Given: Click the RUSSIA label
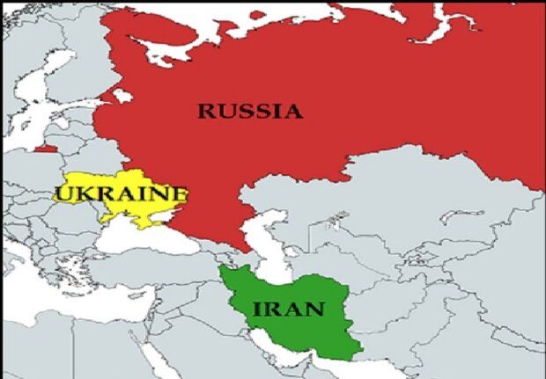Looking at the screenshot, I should point(249,112).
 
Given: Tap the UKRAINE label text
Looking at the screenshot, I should point(120,193).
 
